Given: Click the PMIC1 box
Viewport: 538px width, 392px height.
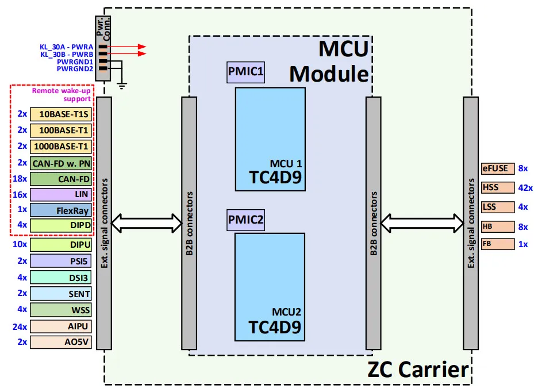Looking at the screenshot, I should (x=245, y=72).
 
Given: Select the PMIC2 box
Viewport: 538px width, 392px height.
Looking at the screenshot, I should (x=245, y=220).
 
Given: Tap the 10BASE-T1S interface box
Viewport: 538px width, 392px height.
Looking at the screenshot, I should (x=61, y=114).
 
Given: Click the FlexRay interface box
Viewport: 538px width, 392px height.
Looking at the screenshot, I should (x=61, y=210).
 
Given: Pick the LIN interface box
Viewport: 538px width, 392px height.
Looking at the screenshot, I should (x=61, y=195).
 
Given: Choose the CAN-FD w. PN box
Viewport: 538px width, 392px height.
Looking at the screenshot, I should (x=61, y=163).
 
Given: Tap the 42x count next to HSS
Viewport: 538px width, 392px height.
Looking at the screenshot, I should (x=525, y=187).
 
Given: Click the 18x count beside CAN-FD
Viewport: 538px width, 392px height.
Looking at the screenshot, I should (x=20, y=179).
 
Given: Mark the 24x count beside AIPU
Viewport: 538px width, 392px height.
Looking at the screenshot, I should (x=20, y=326).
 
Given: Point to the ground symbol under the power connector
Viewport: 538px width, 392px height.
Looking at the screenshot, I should (x=122, y=86).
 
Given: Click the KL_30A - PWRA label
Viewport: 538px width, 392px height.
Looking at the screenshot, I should (x=67, y=47).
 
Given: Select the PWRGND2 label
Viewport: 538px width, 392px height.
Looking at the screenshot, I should (x=75, y=68).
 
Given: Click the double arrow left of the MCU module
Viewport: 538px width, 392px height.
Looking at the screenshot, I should (x=147, y=220).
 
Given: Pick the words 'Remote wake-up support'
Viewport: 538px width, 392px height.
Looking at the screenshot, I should (x=61, y=94).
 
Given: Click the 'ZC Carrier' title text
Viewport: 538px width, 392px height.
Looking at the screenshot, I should (x=418, y=369).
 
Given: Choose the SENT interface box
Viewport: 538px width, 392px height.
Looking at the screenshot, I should (x=61, y=293).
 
